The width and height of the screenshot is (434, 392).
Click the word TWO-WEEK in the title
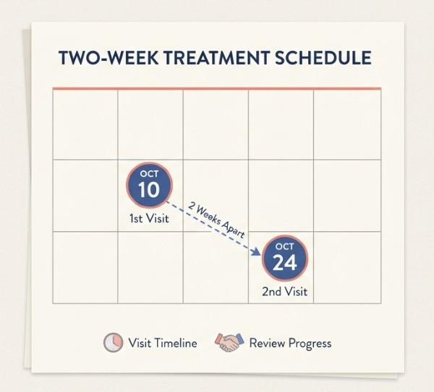click(x=109, y=58)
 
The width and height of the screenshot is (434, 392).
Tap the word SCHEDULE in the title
click(x=323, y=58)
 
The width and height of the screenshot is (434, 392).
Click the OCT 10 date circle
click(x=150, y=185)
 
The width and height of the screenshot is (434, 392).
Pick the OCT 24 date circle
click(x=285, y=258)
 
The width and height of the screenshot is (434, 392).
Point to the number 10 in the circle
click(x=148, y=190)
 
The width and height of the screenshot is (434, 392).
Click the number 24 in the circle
click(x=284, y=263)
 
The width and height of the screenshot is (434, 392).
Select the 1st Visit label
click(x=149, y=219)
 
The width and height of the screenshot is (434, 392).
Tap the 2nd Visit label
click(x=284, y=292)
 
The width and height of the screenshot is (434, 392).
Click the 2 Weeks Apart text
click(x=216, y=220)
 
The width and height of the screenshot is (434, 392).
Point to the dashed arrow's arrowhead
click(x=256, y=252)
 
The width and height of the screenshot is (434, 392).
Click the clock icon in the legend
click(x=114, y=343)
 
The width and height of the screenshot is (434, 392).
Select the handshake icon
click(x=229, y=342)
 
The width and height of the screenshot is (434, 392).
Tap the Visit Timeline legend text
click(x=163, y=343)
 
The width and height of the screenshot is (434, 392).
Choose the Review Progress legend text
click(x=290, y=344)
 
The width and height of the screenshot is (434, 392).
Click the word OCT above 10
click(x=149, y=174)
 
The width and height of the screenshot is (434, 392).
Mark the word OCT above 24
click(x=284, y=246)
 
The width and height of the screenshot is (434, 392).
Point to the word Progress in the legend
click(x=310, y=344)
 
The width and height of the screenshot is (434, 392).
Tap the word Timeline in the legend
click(x=176, y=343)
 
